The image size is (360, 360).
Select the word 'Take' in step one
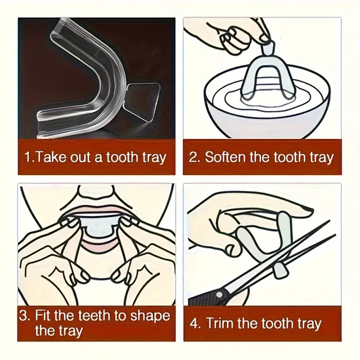[49, 156]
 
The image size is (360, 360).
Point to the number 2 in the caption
[193, 156]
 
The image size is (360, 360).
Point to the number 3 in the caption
[24, 315]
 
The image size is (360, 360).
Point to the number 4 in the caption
[194, 323]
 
